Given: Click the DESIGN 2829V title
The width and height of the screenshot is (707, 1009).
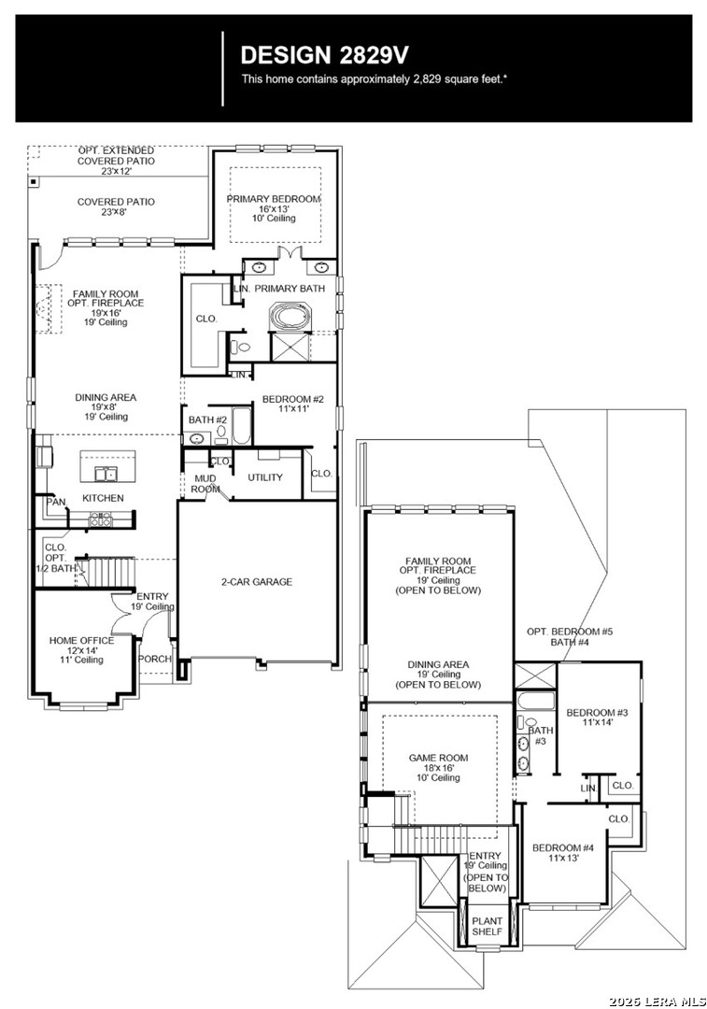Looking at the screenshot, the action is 324,55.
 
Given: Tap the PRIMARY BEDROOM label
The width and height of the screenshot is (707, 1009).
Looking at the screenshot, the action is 274,200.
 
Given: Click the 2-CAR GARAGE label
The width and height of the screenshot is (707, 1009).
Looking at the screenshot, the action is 257,582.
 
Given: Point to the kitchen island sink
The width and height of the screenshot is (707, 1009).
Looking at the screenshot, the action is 106,475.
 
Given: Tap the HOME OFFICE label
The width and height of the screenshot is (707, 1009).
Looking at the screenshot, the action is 81,640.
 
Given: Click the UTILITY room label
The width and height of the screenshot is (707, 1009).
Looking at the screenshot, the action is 265,477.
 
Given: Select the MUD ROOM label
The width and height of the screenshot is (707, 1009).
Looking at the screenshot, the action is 205,483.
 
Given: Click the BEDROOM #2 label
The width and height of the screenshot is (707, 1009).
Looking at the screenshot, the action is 292,400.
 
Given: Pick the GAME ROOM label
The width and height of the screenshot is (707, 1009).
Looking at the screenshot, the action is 438,758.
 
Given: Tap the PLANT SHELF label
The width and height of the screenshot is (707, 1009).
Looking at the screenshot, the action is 487,926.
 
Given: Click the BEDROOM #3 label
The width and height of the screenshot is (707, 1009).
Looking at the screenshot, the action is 597,712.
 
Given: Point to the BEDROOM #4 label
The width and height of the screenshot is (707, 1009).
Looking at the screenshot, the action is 563,848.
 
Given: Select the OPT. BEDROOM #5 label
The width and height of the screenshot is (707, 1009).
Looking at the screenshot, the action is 570,632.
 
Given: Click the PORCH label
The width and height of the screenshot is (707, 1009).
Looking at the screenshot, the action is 155,659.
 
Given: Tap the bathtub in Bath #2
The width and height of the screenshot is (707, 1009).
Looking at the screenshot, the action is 241,427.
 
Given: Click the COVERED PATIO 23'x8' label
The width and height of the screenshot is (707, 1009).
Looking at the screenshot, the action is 116,206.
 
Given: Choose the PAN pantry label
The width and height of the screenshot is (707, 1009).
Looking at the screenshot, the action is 56,502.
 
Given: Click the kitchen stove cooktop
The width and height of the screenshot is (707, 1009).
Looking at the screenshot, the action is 100,519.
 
